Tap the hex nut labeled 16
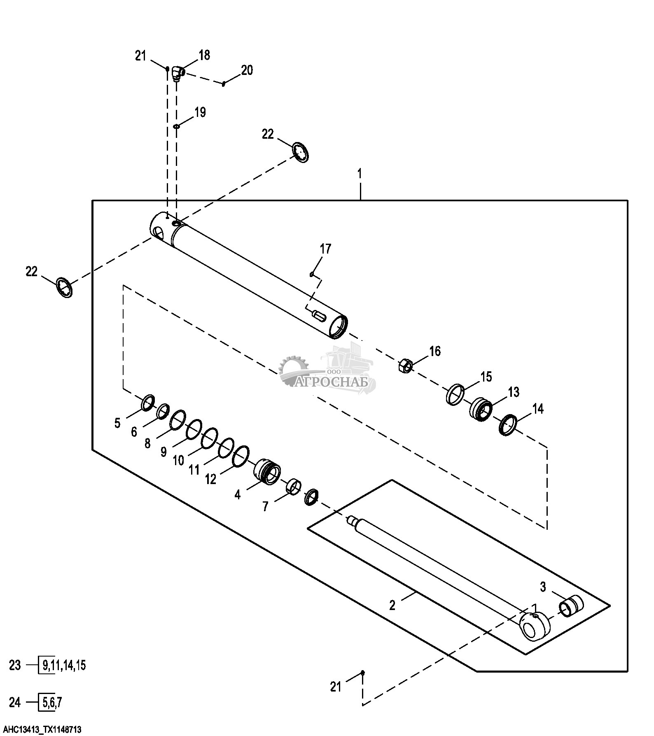click(405, 365)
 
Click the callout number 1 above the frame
click(360, 173)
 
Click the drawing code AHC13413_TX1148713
click(41, 729)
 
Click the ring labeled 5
click(148, 403)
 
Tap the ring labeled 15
click(455, 394)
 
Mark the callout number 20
click(247, 70)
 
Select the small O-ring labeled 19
click(176, 126)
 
